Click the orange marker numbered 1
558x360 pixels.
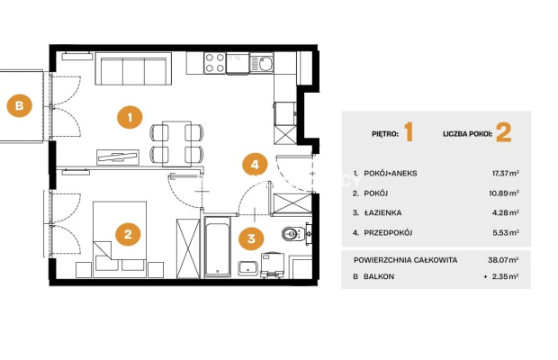click(x=130, y=117)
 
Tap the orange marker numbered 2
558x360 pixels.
click(x=128, y=234)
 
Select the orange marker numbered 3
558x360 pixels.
click(x=251, y=238)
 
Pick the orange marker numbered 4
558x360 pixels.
click(x=255, y=165)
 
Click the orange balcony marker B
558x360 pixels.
click(x=20, y=105)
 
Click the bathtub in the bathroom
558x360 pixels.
click(x=217, y=247)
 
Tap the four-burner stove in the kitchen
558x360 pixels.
click(x=215, y=63)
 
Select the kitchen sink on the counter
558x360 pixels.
click(x=262, y=64)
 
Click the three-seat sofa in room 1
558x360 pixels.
click(x=133, y=68)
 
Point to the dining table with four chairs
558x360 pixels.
click(x=177, y=144)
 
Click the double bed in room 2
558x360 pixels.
click(x=120, y=239)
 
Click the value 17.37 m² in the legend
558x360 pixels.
click(x=505, y=173)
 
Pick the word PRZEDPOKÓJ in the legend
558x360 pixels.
click(x=388, y=232)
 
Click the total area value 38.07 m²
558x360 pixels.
click(x=503, y=260)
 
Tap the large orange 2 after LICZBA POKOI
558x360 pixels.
click(x=504, y=132)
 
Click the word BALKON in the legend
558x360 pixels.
click(x=379, y=276)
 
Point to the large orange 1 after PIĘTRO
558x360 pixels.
click(x=409, y=132)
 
